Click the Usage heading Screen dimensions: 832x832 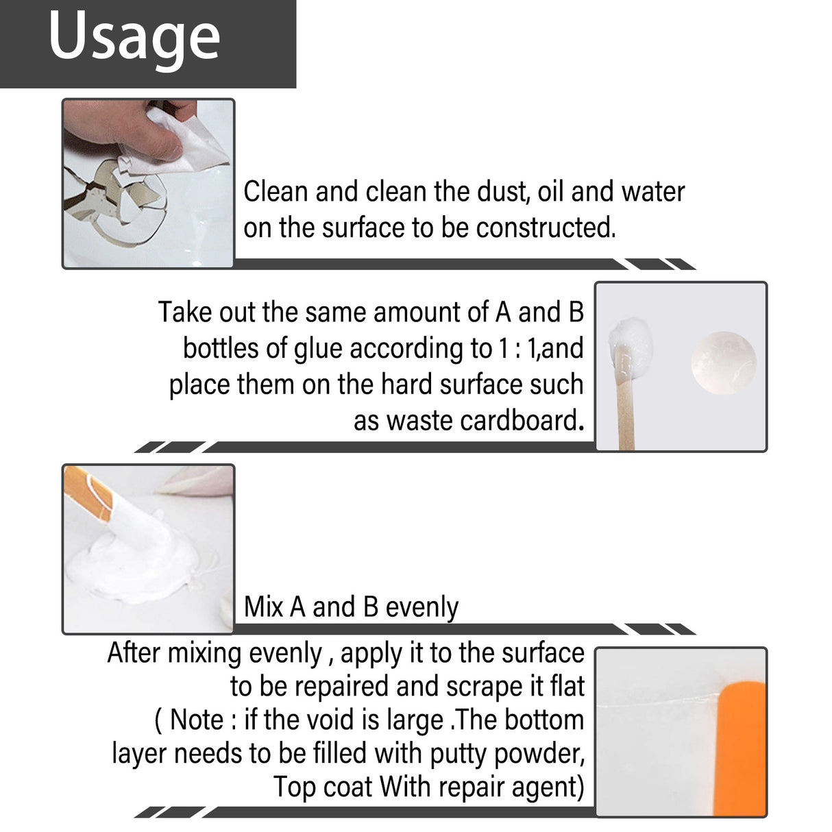click(134, 38)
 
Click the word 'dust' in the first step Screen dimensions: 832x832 click(502, 192)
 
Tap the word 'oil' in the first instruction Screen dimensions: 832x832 click(551, 192)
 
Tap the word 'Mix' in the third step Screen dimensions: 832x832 click(264, 607)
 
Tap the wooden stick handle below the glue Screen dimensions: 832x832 click(626, 411)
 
